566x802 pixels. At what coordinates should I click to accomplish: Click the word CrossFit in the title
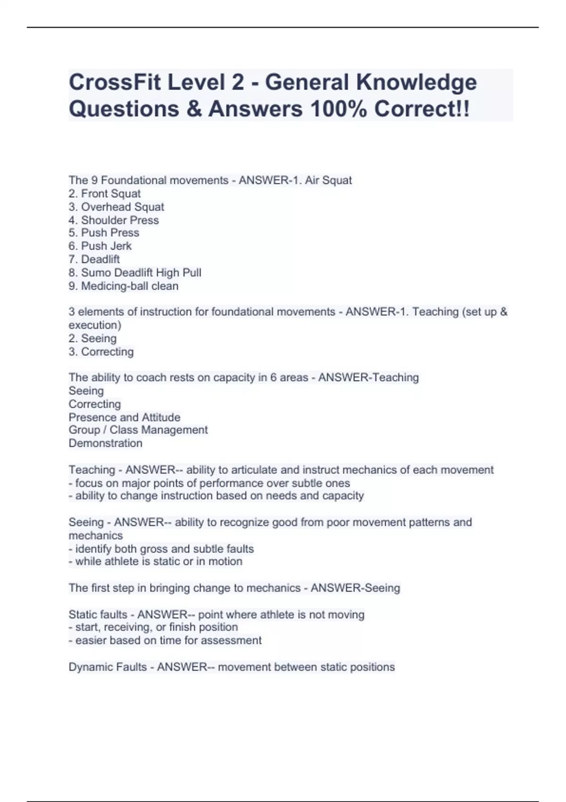115,82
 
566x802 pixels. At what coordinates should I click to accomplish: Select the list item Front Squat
110,193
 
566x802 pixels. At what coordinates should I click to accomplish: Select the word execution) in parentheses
95,325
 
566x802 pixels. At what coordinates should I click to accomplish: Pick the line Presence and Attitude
125,417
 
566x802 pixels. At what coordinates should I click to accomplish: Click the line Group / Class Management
138,430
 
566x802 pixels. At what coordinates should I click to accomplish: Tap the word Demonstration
105,443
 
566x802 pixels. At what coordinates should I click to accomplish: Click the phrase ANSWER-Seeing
355,588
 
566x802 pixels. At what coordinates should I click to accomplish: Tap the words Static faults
98,614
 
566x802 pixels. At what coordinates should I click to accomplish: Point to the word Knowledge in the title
416,82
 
